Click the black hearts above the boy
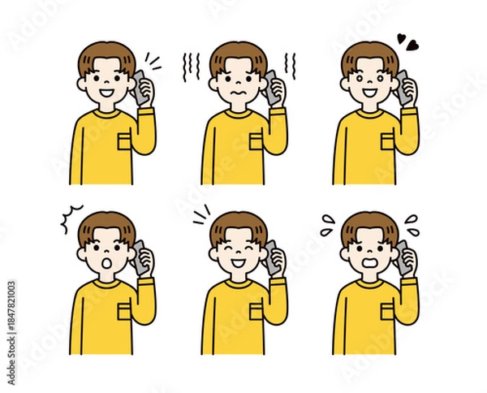click(406, 40)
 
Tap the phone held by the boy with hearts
click(402, 84)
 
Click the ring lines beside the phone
click(152, 62)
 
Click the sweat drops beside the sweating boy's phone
click(410, 220)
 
